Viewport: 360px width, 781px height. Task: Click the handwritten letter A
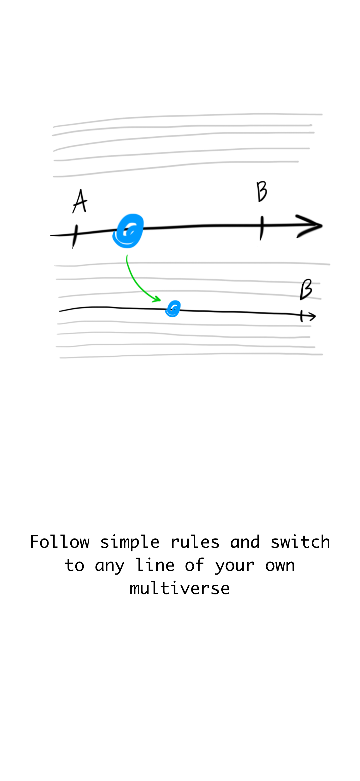click(80, 201)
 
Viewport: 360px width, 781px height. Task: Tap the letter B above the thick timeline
click(262, 191)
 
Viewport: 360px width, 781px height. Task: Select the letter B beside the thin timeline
click(306, 290)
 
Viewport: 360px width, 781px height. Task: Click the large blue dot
click(128, 231)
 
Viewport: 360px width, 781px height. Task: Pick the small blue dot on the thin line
click(173, 309)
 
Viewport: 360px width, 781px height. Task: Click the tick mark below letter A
click(75, 237)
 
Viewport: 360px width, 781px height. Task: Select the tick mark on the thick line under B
click(261, 228)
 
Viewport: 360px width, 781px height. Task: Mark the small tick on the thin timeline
click(301, 316)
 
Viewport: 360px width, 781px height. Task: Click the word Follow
click(60, 542)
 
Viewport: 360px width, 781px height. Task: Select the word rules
click(195, 542)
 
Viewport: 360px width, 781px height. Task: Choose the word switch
click(300, 542)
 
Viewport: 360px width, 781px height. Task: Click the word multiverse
click(180, 589)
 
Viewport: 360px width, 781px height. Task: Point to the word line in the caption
click(155, 565)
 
